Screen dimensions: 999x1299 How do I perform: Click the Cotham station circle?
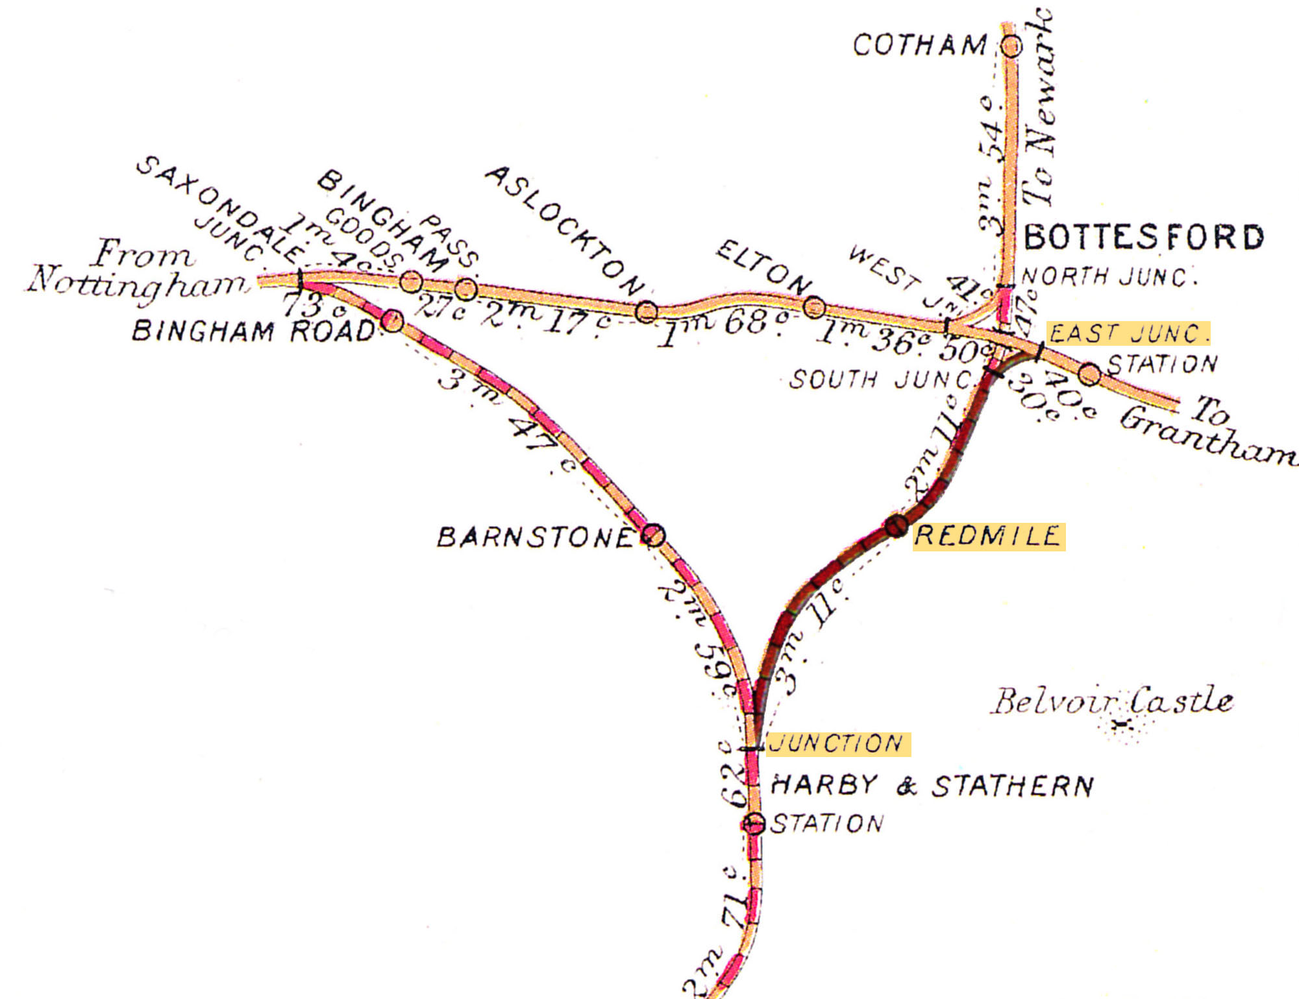1011,46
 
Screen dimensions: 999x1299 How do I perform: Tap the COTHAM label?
919,45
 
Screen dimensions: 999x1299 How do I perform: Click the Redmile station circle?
897,525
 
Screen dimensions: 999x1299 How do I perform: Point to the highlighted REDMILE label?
988,536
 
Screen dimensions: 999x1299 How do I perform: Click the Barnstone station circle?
654,535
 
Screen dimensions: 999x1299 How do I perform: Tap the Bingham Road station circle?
392,320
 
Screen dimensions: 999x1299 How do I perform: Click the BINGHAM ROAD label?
253,331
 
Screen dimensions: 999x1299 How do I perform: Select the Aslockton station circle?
646,312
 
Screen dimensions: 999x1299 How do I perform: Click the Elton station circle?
815,307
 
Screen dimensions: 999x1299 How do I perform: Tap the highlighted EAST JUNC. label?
1128,333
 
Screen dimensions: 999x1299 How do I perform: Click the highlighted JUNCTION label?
837,743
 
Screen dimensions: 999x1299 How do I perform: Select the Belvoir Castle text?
1111,702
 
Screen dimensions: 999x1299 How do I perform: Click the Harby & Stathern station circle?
753,824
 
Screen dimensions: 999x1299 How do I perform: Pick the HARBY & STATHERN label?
932,786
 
